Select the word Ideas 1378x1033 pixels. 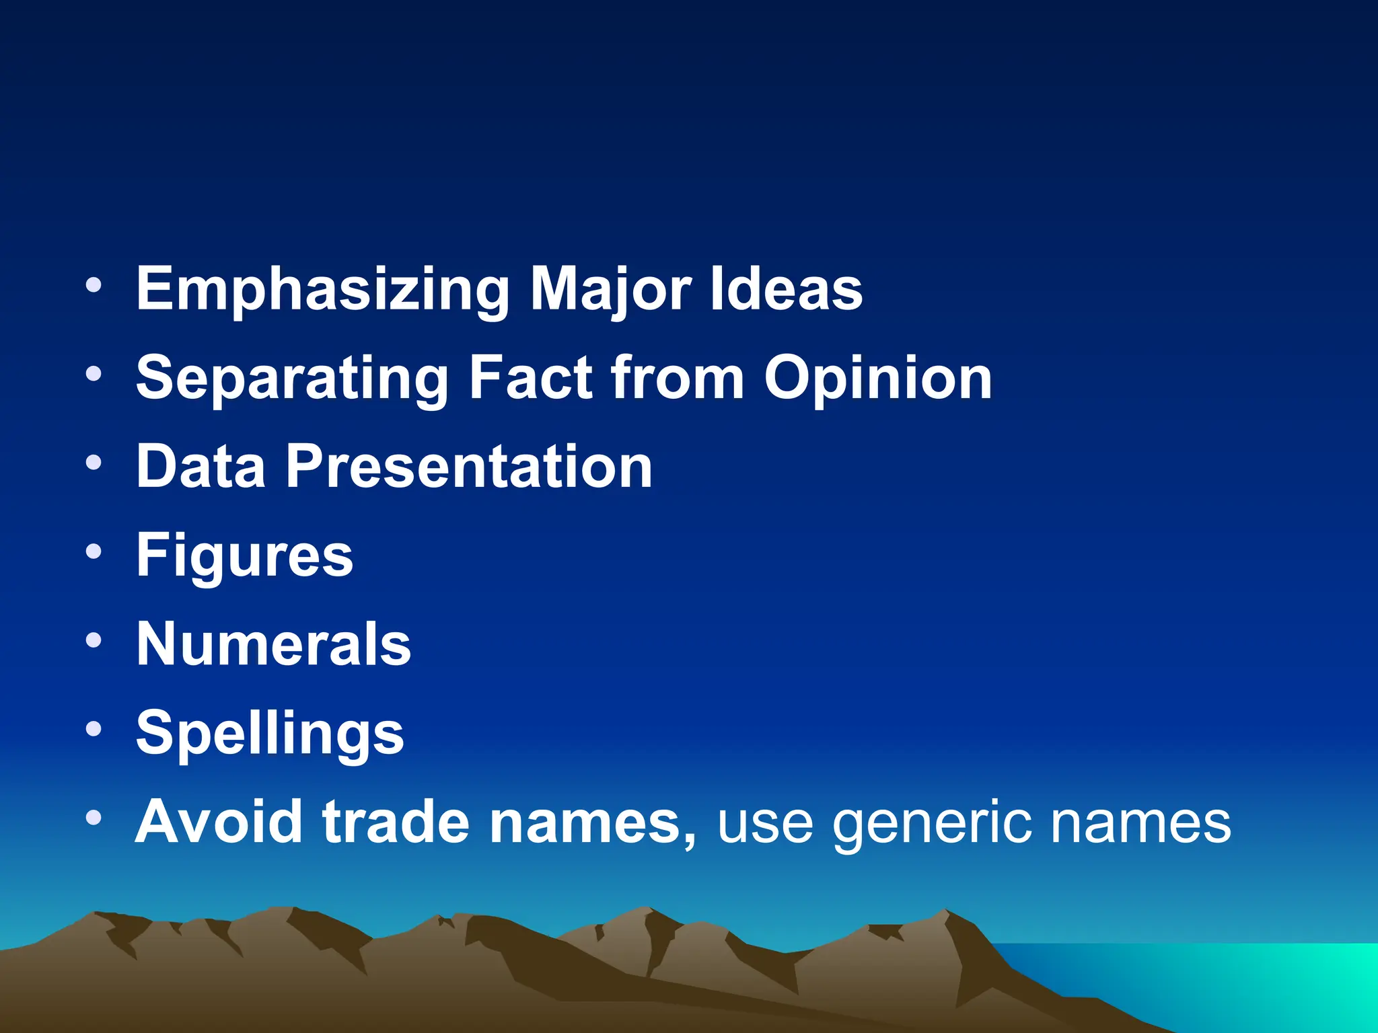(787, 289)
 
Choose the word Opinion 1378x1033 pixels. (878, 379)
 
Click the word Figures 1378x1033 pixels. (245, 556)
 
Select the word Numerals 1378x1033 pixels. (274, 644)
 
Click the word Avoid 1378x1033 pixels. (219, 822)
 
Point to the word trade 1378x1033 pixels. (396, 822)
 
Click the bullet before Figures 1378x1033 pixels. (94, 552)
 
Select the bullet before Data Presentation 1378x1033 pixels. (94, 463)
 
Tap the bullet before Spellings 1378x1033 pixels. (94, 729)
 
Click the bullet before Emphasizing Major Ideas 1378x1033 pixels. (94, 285)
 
